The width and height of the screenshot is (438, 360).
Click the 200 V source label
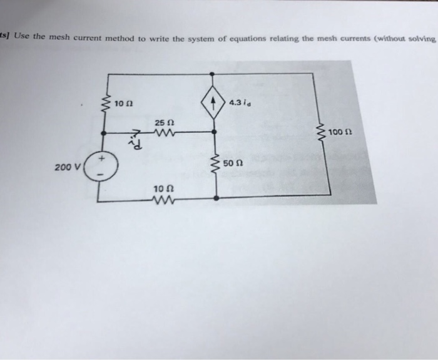(x=65, y=167)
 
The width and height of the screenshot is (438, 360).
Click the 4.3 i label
(x=240, y=103)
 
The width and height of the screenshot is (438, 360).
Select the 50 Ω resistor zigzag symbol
(x=216, y=165)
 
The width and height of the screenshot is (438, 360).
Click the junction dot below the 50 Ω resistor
(x=216, y=197)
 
